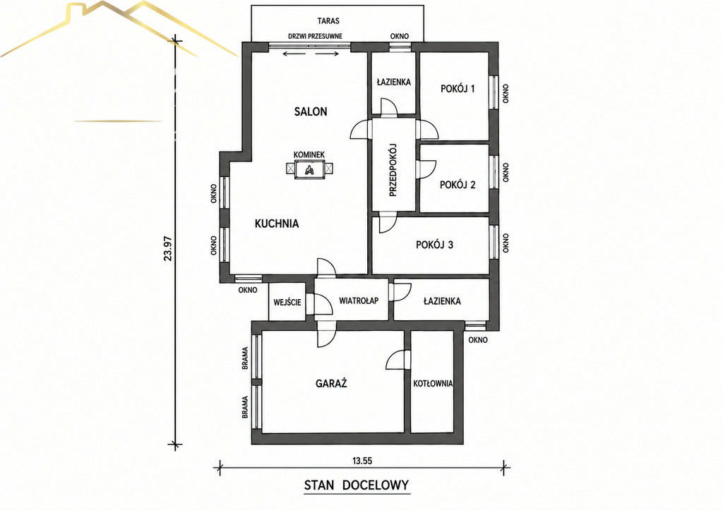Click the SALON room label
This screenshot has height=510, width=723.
(311, 111)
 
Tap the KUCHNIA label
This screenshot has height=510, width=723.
(277, 224)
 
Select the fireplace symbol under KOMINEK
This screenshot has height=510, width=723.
(309, 169)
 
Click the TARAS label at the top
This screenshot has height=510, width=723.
(328, 20)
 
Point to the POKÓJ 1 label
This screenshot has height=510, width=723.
(458, 88)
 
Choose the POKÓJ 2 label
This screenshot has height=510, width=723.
(458, 185)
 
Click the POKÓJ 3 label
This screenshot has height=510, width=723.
(434, 245)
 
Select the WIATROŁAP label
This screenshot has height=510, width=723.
(359, 300)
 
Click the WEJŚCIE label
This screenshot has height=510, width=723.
(287, 302)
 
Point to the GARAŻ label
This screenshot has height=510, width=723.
(331, 383)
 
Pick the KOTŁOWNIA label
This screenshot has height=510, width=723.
(433, 383)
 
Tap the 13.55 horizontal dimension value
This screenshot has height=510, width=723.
(362, 460)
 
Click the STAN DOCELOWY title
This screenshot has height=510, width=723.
(357, 485)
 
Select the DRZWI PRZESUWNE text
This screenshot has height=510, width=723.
(315, 36)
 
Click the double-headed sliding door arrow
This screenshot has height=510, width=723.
(311, 54)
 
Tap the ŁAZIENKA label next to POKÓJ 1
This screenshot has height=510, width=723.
(393, 82)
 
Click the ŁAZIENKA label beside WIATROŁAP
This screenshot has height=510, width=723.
(442, 301)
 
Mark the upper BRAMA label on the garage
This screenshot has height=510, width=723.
(245, 358)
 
